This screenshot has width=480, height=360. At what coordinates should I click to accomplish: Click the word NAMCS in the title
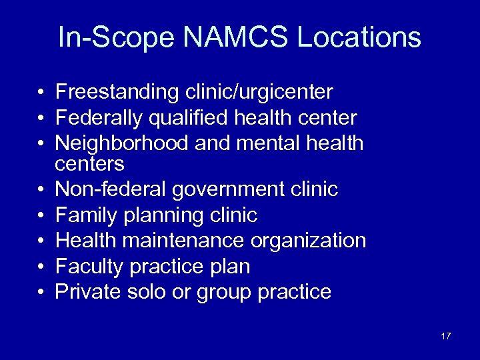pos(234,38)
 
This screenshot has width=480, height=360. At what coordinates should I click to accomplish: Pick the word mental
pos(275,143)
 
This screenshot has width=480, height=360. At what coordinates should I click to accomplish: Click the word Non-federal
pos(111,190)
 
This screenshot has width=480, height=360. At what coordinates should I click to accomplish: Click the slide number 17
pos(446,336)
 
